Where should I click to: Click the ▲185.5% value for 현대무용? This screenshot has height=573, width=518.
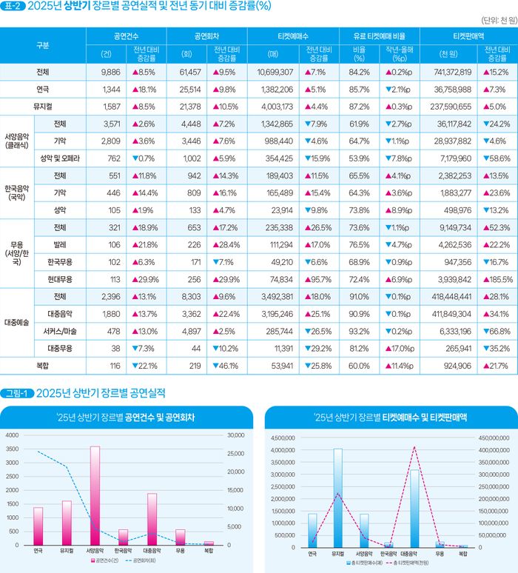(x=497, y=279)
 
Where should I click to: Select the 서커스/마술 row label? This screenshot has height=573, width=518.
(x=58, y=331)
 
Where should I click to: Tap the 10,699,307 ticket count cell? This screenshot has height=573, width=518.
(x=275, y=73)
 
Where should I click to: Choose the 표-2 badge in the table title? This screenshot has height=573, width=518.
(x=13, y=7)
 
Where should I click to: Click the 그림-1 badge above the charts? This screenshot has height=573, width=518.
(x=16, y=392)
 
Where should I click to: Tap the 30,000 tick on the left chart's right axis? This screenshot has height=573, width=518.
(x=235, y=435)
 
